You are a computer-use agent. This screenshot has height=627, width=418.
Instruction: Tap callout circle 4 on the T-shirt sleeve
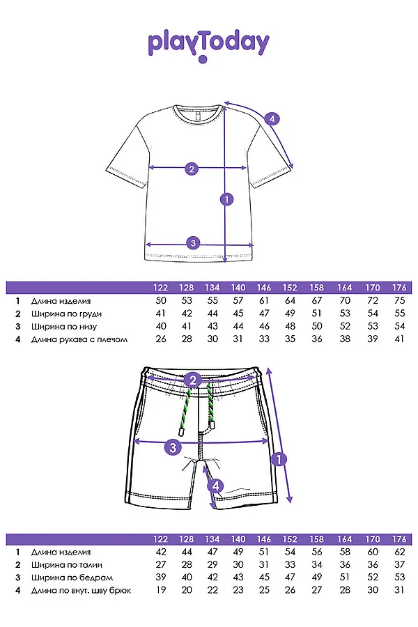(272, 118)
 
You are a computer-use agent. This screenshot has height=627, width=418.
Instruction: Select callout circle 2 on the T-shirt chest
(192, 169)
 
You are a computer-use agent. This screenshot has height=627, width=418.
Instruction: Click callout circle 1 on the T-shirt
(227, 199)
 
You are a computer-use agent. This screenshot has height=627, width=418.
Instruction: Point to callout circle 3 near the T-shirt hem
(193, 242)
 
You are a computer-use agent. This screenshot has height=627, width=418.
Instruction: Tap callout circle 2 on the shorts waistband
(193, 380)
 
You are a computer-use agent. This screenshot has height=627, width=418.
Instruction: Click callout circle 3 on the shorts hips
(173, 447)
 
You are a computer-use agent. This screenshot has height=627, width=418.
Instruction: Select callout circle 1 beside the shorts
(279, 459)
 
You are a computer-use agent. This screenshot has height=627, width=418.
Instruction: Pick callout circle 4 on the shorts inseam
(215, 486)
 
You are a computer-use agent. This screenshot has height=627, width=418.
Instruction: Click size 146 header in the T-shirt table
(264, 288)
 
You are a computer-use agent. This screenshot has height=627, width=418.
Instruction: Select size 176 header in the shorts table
(399, 539)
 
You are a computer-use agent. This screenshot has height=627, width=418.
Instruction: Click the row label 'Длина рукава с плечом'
(79, 339)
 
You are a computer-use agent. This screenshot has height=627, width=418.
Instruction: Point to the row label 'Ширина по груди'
(66, 314)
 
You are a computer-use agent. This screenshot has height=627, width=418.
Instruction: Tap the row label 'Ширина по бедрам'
(72, 578)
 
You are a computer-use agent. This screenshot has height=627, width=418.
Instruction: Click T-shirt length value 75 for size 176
(400, 301)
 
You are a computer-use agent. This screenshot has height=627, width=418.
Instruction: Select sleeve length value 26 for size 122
(161, 339)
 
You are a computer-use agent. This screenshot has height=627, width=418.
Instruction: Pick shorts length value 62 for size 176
(400, 552)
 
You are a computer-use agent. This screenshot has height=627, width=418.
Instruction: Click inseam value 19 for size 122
(161, 590)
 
